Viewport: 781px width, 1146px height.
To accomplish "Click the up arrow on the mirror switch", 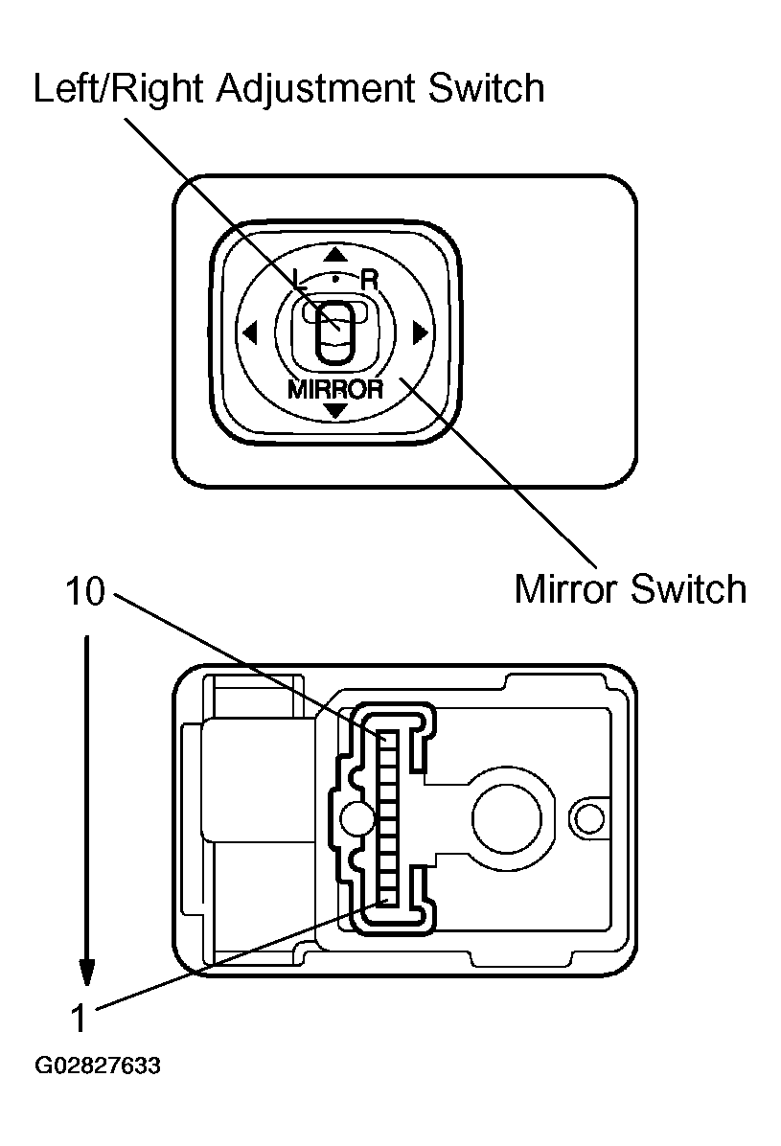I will click(x=334, y=255).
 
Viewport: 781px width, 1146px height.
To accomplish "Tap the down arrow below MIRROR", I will click(x=334, y=410).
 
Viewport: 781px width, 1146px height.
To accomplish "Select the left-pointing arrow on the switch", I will click(x=251, y=333).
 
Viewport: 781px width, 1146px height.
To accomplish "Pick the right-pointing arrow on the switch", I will click(x=419, y=333).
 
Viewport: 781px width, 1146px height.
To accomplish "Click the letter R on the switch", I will click(x=369, y=281).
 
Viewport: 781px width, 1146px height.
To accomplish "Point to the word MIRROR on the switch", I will click(x=334, y=389).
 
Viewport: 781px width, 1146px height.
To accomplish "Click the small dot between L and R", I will click(x=334, y=277).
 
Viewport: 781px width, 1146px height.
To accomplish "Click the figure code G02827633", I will click(x=98, y=1066).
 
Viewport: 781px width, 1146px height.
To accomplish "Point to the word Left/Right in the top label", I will click(x=119, y=89).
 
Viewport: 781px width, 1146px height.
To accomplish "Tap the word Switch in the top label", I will click(x=486, y=89).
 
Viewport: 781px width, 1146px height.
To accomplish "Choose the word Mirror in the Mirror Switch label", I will click(x=566, y=587).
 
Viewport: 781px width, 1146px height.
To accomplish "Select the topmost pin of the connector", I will click(x=389, y=741).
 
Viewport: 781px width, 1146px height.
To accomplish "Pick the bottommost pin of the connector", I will click(x=389, y=898).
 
